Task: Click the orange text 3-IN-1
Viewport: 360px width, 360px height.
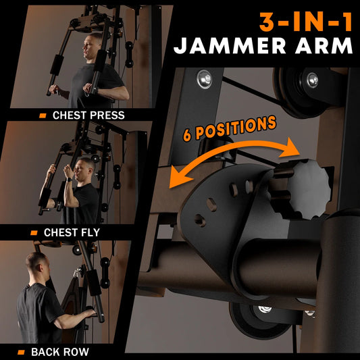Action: pos(306,22)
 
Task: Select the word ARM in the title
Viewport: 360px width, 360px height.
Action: pos(324,46)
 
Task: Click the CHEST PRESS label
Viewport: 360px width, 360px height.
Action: pos(88,115)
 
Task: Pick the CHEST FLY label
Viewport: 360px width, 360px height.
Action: pos(72,232)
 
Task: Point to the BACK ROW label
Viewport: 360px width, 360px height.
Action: pos(60,352)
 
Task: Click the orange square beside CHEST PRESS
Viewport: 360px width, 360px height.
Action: pos(43,115)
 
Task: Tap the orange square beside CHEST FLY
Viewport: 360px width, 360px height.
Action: pos(34,233)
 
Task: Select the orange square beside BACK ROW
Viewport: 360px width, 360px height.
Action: pos(21,352)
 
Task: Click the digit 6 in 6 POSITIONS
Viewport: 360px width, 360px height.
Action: pos(188,135)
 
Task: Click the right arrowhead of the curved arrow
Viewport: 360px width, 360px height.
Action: pos(291,149)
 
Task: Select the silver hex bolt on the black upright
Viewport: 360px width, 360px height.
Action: pos(205,79)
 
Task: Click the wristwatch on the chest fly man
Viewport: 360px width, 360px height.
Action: pos(69,180)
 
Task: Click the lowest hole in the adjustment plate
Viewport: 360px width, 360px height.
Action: pos(200,220)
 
